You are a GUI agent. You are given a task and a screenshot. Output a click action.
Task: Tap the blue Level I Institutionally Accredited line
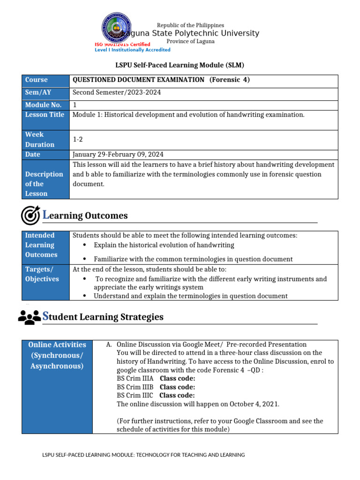133,50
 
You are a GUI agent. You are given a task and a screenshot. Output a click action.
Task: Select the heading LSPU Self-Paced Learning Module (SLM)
180,65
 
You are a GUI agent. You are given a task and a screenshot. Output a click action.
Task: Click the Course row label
36,80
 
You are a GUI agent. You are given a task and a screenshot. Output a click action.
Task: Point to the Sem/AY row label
38,92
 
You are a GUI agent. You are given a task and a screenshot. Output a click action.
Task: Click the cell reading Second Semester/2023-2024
117,92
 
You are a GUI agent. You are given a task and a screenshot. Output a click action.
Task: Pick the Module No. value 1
75,105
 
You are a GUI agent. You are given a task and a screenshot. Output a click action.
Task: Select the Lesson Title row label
45,115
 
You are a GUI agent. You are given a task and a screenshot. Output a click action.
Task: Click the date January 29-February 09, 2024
118,155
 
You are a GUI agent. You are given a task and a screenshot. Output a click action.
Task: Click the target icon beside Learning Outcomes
30,215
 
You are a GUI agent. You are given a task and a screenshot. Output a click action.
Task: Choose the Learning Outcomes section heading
85,216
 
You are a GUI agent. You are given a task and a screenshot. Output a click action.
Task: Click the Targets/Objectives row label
42,274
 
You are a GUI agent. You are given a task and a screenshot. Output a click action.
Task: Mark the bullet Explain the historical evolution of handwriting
164,245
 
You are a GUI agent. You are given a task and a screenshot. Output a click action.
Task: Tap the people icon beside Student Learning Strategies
30,317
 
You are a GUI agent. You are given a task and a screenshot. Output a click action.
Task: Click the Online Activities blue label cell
57,355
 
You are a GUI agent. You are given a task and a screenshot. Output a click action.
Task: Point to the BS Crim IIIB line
156,387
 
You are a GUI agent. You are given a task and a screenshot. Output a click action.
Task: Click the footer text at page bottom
144,455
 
